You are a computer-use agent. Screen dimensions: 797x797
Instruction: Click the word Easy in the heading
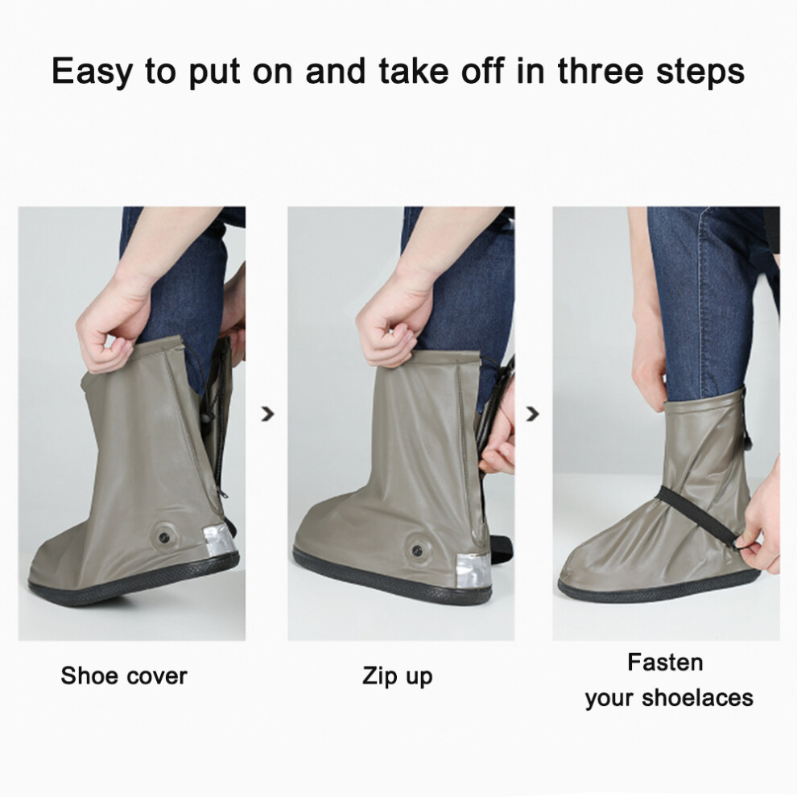(x=91, y=72)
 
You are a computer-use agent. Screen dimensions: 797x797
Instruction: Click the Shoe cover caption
(x=124, y=676)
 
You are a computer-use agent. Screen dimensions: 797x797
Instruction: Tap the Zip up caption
(x=398, y=677)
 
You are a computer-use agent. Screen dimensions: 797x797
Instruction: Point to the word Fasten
(x=665, y=663)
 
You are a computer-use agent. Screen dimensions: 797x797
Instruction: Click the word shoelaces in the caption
(x=698, y=697)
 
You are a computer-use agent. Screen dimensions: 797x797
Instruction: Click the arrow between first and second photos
(x=267, y=415)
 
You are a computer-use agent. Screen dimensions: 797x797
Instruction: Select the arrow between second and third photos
(x=532, y=415)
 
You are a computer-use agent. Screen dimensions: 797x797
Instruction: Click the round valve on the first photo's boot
(x=164, y=535)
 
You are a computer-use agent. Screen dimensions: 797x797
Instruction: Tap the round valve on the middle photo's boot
(x=418, y=549)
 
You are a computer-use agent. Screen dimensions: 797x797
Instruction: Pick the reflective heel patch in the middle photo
(x=473, y=570)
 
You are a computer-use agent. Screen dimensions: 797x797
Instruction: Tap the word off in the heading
(x=483, y=71)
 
